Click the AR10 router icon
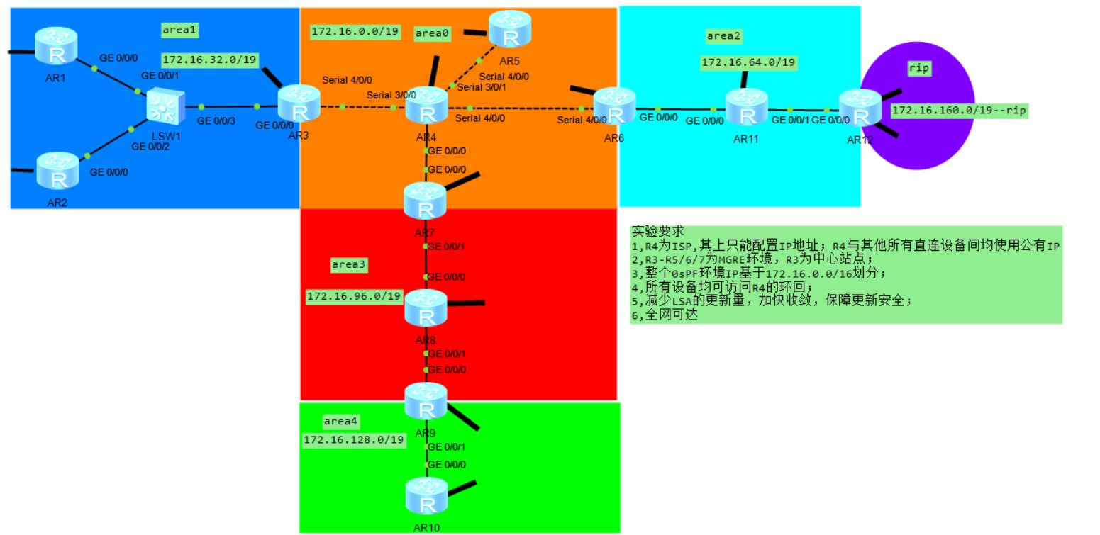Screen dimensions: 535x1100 [427, 495]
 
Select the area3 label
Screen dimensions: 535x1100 [349, 264]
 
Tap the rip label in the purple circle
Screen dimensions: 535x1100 [918, 68]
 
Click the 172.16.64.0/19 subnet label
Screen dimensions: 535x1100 [748, 63]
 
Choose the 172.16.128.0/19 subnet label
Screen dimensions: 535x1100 [354, 440]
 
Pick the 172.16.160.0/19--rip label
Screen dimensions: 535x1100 [959, 110]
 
